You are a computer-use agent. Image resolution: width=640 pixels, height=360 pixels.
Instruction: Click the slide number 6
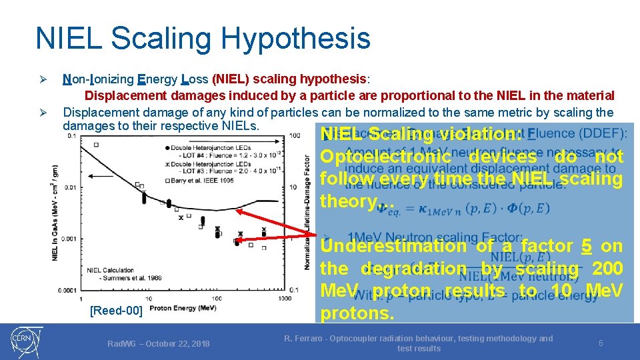point(601,343)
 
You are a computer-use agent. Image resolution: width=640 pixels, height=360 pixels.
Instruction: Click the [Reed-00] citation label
point(115,311)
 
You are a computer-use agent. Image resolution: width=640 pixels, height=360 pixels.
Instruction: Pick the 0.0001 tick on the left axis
point(66,289)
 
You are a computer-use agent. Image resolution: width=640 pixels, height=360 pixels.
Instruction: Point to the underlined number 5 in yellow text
point(587,246)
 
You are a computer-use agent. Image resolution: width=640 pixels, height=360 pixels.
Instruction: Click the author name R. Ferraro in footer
point(309,339)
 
